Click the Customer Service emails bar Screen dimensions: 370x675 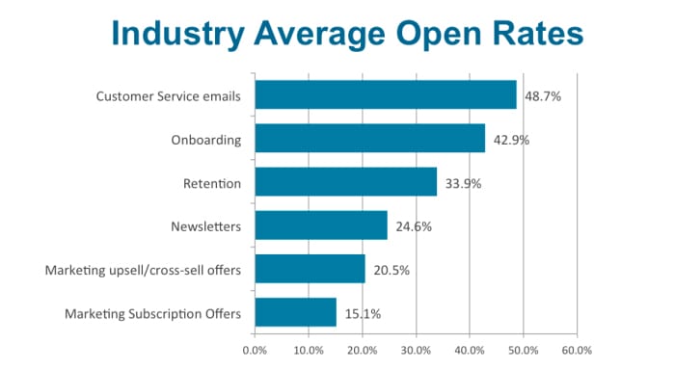386,95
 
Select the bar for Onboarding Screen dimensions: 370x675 370,139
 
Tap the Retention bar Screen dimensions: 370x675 346,182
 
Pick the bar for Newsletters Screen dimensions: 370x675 321,225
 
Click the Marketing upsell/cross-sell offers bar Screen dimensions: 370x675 310,269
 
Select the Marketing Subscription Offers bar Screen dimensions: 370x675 296,312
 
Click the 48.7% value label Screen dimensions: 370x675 544,96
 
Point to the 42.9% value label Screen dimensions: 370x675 512,140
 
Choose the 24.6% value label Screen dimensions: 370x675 415,226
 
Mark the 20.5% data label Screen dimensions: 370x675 392,270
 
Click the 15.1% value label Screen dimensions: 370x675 364,313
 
